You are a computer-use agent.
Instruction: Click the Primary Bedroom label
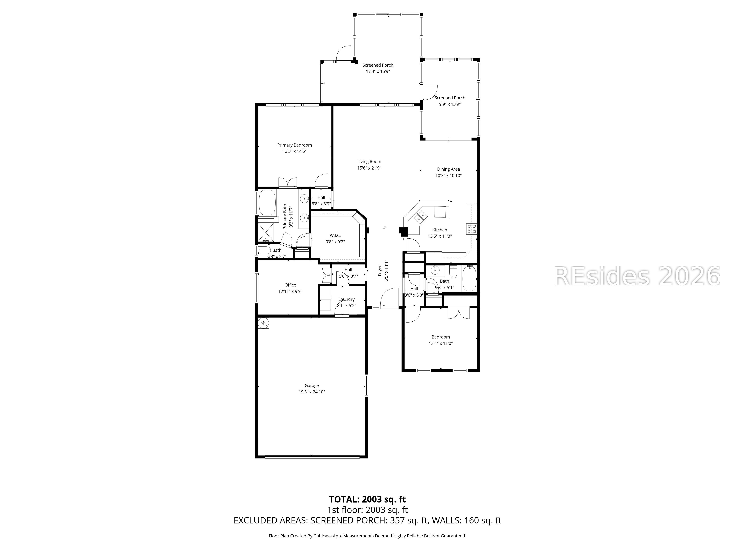(x=294, y=145)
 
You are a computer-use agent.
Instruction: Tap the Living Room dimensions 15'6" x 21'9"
(x=369, y=168)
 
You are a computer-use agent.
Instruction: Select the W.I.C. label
(x=335, y=235)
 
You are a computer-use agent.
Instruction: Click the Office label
(x=290, y=285)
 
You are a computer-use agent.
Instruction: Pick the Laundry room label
(x=347, y=299)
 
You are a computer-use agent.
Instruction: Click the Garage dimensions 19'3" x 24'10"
(x=312, y=392)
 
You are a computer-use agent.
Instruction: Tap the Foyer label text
(x=380, y=271)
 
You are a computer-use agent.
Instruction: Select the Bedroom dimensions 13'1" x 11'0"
(x=441, y=343)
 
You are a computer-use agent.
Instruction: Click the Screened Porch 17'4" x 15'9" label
(x=378, y=68)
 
